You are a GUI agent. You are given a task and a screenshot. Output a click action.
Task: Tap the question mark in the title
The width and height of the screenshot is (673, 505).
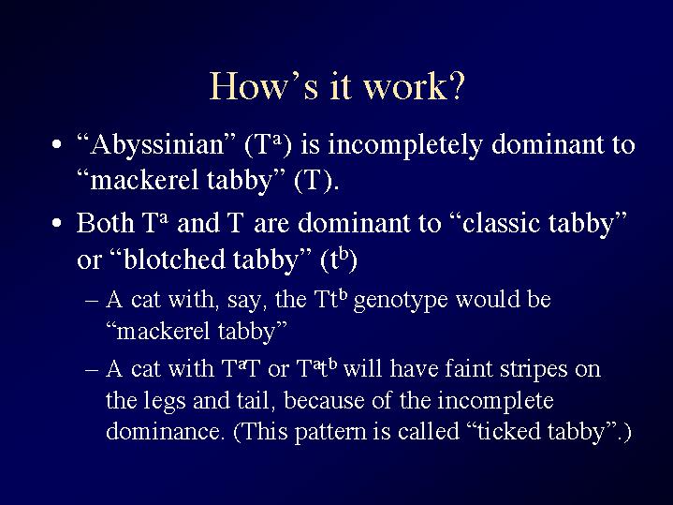[x=457, y=85]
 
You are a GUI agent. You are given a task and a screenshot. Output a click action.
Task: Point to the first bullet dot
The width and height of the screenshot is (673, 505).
[x=56, y=145]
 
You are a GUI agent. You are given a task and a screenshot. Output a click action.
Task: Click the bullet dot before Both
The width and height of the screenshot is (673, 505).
[x=56, y=224]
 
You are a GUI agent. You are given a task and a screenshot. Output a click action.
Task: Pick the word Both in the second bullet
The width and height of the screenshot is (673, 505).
[x=106, y=223]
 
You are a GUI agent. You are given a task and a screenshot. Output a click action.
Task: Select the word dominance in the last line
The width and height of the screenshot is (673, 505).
[x=163, y=431]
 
